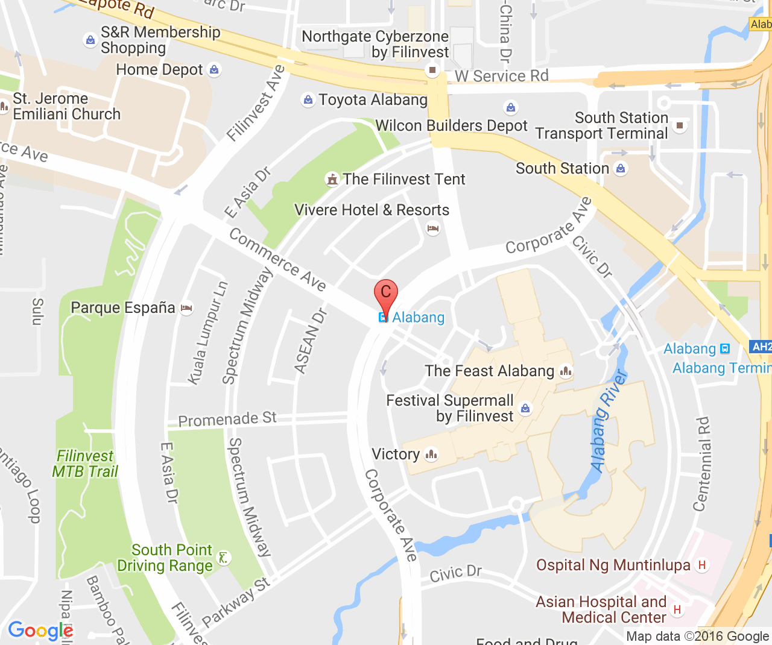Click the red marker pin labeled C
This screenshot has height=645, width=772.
[x=386, y=294]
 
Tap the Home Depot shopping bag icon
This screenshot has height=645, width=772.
[x=214, y=70]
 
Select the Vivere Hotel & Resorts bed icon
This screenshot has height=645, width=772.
[x=433, y=228]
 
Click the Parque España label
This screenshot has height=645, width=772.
[x=123, y=307]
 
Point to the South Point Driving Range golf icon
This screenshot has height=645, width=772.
[x=224, y=558]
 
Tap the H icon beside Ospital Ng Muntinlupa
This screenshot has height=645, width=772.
[x=701, y=565]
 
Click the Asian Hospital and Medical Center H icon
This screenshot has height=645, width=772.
[x=677, y=609]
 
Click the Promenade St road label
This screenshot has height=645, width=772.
[x=227, y=419]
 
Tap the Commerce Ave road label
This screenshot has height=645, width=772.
[x=277, y=259]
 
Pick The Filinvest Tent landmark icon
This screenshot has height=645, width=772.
[x=332, y=180]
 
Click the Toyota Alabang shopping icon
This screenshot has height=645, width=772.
[x=308, y=99]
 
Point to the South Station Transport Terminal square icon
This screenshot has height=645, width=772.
[x=680, y=125]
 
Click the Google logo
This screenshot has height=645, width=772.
[x=40, y=631]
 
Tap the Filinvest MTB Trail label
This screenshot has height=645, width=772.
[x=85, y=464]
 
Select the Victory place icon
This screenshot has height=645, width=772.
[x=431, y=455]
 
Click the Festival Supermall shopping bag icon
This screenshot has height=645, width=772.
[x=526, y=409]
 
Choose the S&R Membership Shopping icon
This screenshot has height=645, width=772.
[x=90, y=40]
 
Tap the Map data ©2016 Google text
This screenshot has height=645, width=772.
[x=697, y=637]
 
